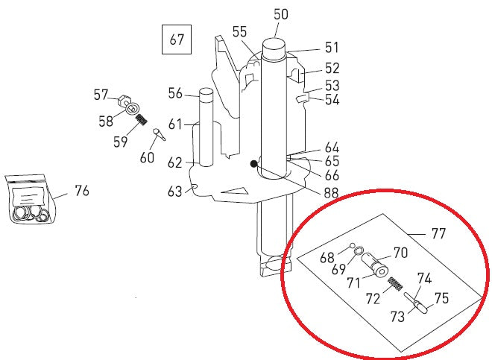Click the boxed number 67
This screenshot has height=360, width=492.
point(177,40)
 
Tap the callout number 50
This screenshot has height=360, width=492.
point(280,13)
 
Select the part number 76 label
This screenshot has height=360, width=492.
point(81,191)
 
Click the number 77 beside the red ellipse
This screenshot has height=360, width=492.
point(438,233)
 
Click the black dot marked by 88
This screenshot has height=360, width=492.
point(253,164)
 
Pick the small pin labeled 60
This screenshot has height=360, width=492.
point(159,134)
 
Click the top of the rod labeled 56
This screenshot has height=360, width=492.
point(206,95)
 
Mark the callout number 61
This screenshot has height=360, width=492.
point(174,124)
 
